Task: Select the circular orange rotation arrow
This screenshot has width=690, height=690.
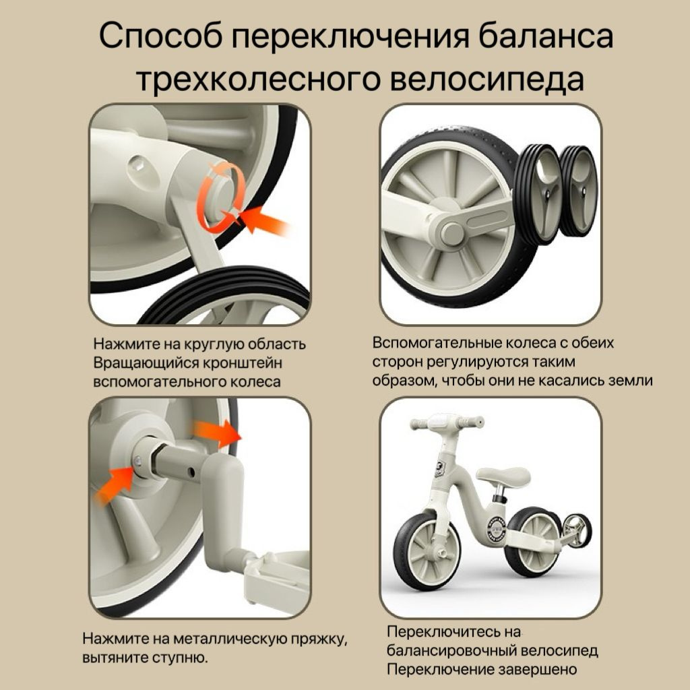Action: pos(221,197)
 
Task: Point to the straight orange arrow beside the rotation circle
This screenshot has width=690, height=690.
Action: pos(264,220)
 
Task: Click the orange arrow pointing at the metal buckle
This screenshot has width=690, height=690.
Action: pos(114,485)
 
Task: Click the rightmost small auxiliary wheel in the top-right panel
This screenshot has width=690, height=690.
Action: pos(579,191)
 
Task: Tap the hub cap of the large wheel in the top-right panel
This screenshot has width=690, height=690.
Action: pos(451,232)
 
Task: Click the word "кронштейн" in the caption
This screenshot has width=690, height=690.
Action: pos(243,363)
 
